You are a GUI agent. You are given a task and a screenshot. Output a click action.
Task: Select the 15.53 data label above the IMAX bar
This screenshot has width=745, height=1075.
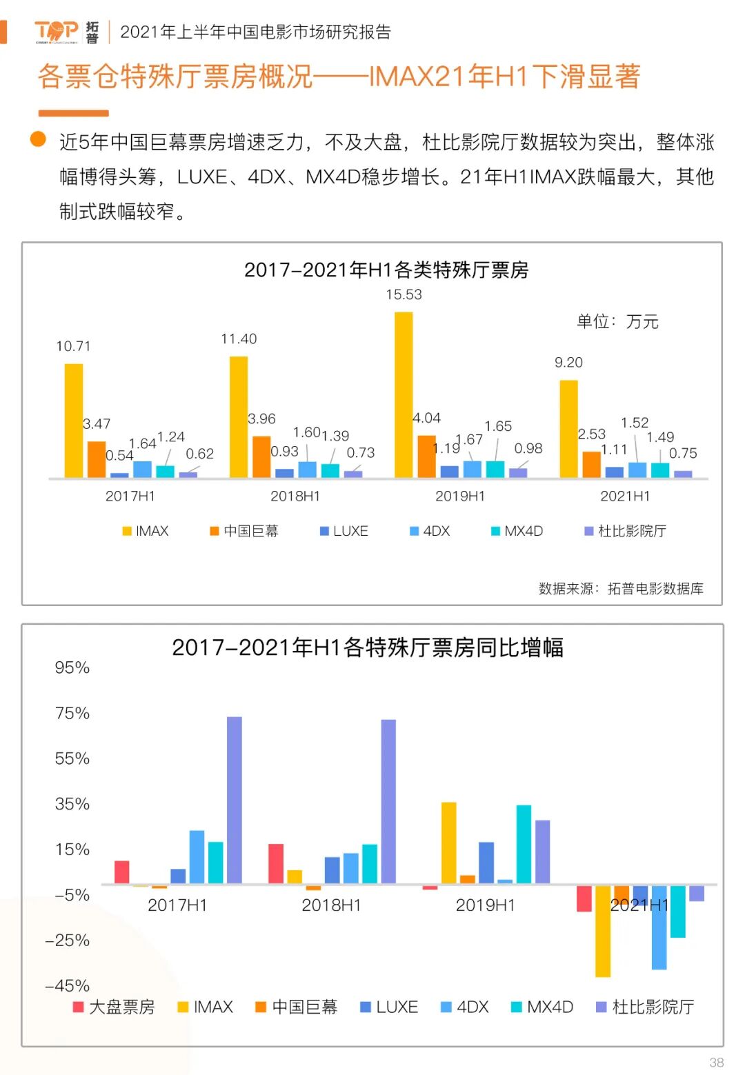click(x=404, y=294)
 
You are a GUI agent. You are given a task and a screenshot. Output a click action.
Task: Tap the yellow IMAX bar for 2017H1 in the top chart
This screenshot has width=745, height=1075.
click(x=74, y=420)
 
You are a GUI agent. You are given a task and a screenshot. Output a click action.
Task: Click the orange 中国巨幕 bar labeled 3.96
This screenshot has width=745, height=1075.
click(x=261, y=456)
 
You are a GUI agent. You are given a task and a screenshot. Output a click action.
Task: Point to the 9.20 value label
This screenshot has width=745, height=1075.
click(x=568, y=362)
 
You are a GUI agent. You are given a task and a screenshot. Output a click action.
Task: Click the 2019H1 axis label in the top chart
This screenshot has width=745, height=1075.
click(x=460, y=496)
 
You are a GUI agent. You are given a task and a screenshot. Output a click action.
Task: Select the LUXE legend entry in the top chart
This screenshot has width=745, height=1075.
click(x=344, y=531)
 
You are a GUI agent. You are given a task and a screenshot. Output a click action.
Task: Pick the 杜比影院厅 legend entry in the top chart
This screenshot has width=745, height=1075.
click(x=625, y=531)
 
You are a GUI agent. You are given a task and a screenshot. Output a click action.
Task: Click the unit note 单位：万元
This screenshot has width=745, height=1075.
click(x=617, y=321)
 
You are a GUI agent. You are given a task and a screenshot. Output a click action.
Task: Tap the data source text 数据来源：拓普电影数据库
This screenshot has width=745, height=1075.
click(x=621, y=588)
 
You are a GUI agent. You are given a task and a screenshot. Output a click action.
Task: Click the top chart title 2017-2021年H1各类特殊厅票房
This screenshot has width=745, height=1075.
click(x=386, y=270)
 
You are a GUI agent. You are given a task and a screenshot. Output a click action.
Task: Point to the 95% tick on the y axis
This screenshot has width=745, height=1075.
click(x=72, y=667)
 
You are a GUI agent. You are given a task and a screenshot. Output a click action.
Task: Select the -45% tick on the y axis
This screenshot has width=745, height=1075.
click(x=68, y=985)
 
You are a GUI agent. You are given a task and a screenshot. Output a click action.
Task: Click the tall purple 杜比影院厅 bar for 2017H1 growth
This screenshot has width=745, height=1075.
click(x=235, y=800)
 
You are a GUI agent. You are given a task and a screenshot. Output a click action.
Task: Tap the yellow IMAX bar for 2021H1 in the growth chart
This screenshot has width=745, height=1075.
click(x=602, y=931)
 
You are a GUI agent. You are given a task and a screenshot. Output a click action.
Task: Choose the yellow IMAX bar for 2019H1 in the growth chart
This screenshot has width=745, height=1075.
click(x=448, y=843)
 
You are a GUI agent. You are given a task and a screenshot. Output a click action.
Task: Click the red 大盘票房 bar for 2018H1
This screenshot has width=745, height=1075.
click(x=276, y=863)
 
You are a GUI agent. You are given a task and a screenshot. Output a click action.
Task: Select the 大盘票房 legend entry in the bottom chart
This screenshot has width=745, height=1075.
click(x=115, y=1007)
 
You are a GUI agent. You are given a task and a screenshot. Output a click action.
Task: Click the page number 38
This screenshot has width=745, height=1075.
click(x=717, y=1062)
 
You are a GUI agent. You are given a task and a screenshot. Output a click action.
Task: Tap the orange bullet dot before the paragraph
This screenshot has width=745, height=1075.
click(x=38, y=140)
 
